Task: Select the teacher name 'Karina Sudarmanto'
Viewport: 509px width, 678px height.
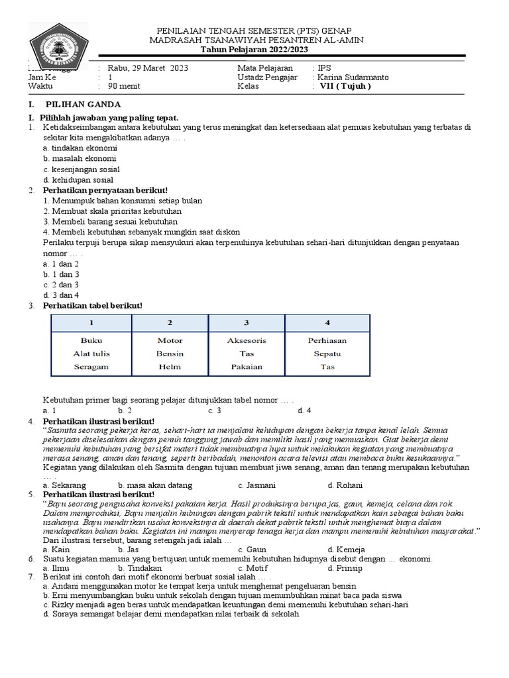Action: pyautogui.click(x=353, y=77)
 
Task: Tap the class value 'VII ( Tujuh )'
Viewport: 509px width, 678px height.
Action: pyautogui.click(x=345, y=86)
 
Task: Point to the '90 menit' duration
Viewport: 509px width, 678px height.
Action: pyautogui.click(x=124, y=86)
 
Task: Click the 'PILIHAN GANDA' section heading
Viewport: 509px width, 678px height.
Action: pyautogui.click(x=83, y=105)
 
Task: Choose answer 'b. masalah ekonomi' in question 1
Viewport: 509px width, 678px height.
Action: pyautogui.click(x=79, y=159)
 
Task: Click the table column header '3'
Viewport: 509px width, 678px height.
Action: pyautogui.click(x=247, y=322)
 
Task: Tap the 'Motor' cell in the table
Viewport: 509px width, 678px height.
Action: pyautogui.click(x=170, y=340)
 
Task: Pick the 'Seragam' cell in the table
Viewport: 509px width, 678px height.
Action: pyautogui.click(x=91, y=367)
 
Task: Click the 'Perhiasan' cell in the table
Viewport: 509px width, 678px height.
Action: pyautogui.click(x=327, y=340)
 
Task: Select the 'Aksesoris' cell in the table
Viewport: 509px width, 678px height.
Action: pyautogui.click(x=247, y=340)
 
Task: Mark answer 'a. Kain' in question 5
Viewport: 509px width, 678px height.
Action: pyautogui.click(x=56, y=549)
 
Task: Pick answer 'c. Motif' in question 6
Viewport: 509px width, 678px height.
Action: pyautogui.click(x=253, y=568)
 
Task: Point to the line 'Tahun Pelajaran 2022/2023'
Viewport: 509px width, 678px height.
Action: pyautogui.click(x=254, y=50)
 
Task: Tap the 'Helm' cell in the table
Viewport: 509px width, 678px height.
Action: pyautogui.click(x=170, y=367)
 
